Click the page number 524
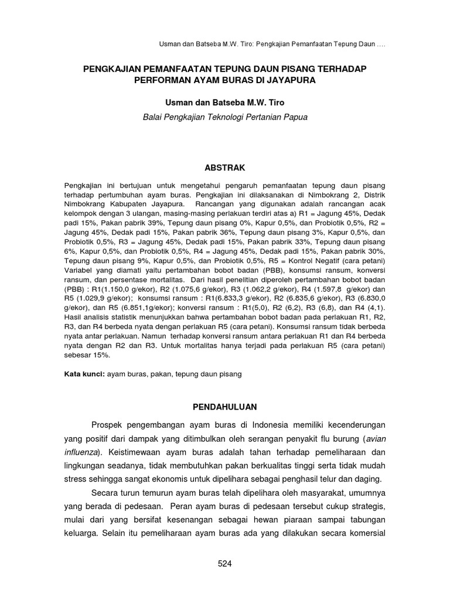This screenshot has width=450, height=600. pos(225,564)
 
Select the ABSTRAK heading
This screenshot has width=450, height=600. pos(225,168)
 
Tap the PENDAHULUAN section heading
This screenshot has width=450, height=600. pos(225,405)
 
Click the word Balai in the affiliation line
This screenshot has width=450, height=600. pos(154,117)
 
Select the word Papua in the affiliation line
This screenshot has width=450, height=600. pos(295,117)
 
